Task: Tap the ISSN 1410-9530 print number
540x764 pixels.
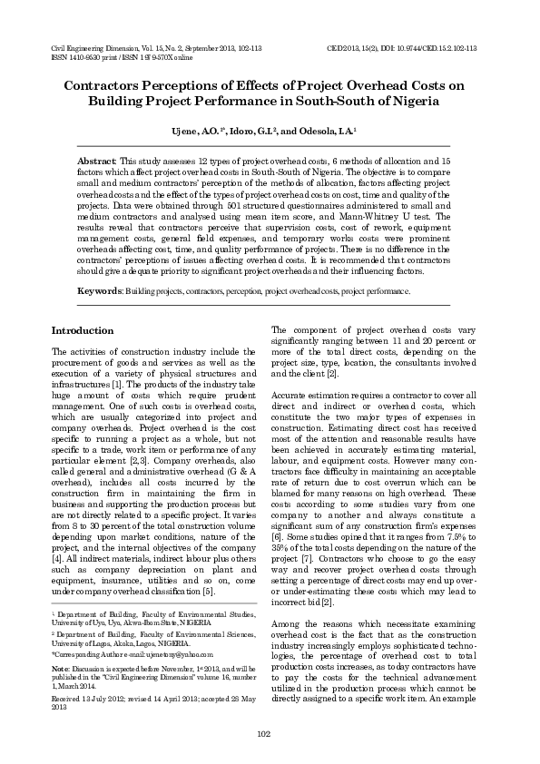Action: coord(69,55)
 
